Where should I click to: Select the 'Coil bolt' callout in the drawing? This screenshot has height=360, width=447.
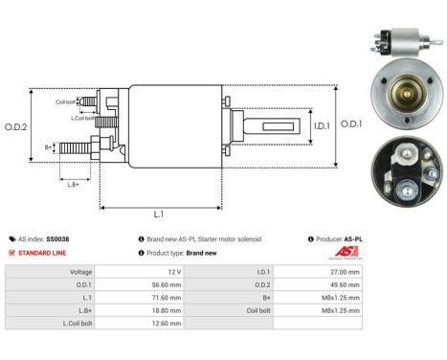tap(65, 101)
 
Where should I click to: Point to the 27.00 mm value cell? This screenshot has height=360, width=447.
tap(342, 272)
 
